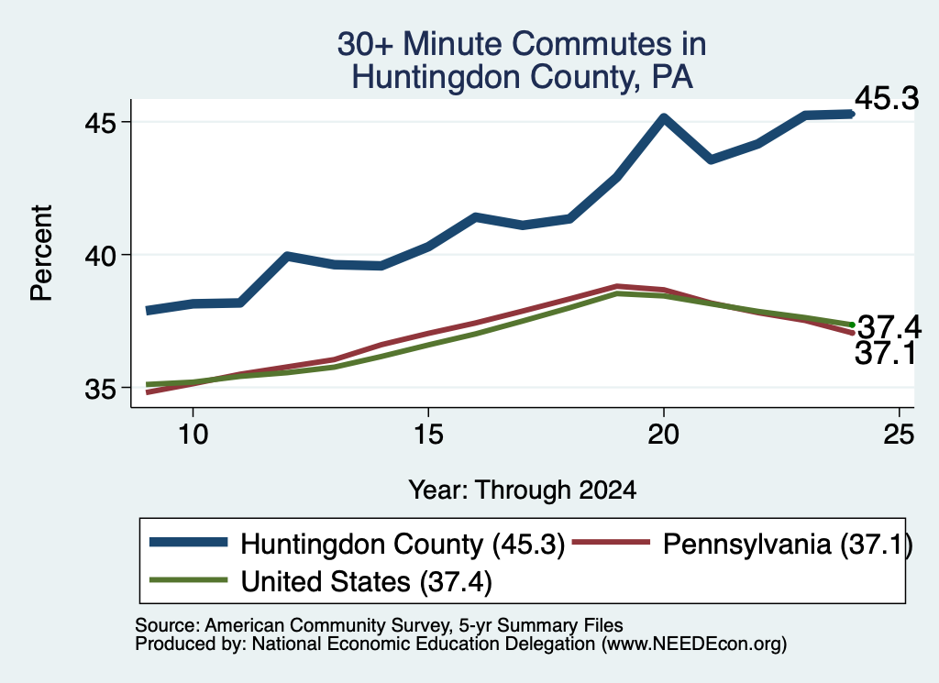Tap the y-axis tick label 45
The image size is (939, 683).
point(100,123)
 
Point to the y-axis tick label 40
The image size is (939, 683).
point(100,256)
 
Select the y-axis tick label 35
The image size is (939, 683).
point(100,389)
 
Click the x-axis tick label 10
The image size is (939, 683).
point(193,434)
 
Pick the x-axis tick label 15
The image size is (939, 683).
point(428,434)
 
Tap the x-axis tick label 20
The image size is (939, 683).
point(664,434)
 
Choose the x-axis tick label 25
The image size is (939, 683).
point(899,434)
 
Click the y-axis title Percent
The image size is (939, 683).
point(41,253)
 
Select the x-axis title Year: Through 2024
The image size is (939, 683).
point(522,490)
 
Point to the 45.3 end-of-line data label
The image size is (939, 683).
point(887,98)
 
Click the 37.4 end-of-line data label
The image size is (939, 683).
point(889,327)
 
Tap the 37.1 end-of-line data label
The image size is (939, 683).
point(885,353)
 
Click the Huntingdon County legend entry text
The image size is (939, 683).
point(403,545)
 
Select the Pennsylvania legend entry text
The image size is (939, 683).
point(788,545)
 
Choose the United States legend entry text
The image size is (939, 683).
point(366,581)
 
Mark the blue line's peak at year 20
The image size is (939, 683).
point(664,117)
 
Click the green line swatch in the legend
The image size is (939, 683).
point(189,579)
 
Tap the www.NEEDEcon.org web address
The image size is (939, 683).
point(693,644)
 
